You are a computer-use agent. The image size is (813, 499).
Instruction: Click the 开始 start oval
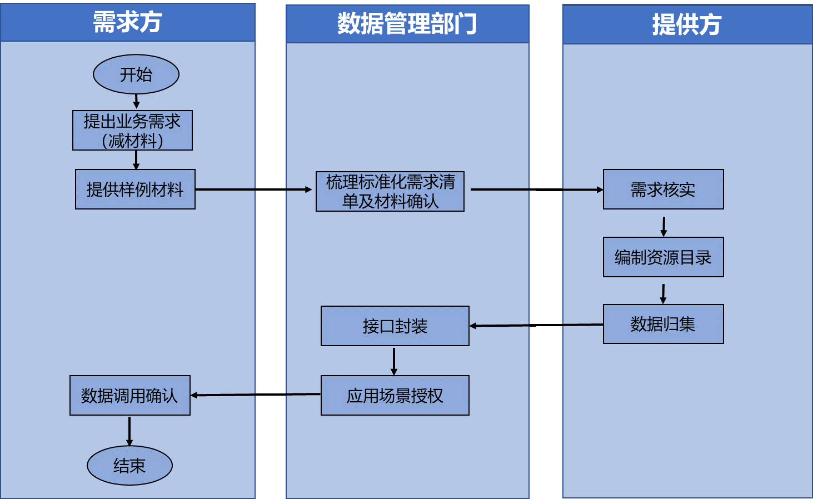pos(136,74)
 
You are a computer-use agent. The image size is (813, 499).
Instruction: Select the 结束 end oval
pos(129,465)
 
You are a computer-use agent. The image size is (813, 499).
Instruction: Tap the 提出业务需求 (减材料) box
pos(132,131)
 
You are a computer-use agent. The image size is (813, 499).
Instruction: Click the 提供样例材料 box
pos(135,189)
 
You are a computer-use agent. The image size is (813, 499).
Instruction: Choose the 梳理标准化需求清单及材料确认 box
pos(390,191)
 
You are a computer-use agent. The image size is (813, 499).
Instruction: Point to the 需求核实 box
pos(663,189)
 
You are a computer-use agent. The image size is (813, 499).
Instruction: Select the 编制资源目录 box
pos(663,257)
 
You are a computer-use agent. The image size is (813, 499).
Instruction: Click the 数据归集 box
pos(663,324)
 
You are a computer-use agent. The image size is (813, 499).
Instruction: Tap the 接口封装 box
pos(395,326)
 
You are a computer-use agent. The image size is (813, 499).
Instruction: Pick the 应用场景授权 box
pos(395,396)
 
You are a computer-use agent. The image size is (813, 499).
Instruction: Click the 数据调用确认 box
pos(129,396)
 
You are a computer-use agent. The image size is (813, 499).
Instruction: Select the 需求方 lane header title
pos(127,22)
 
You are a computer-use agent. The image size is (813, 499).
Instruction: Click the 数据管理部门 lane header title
pos(407,24)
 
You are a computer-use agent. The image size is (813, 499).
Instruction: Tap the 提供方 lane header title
pos(687,24)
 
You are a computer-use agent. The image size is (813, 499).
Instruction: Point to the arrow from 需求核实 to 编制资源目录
pos(664,225)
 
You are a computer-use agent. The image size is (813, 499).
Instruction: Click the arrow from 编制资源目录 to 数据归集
pos(663,293)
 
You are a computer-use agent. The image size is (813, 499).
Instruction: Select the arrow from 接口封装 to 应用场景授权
pos(394,361)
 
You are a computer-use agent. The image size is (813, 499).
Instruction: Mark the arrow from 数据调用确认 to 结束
pos(129,431)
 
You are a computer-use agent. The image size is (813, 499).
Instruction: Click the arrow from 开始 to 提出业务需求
pos(136,102)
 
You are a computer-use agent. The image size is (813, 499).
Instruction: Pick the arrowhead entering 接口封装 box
pos(473,326)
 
